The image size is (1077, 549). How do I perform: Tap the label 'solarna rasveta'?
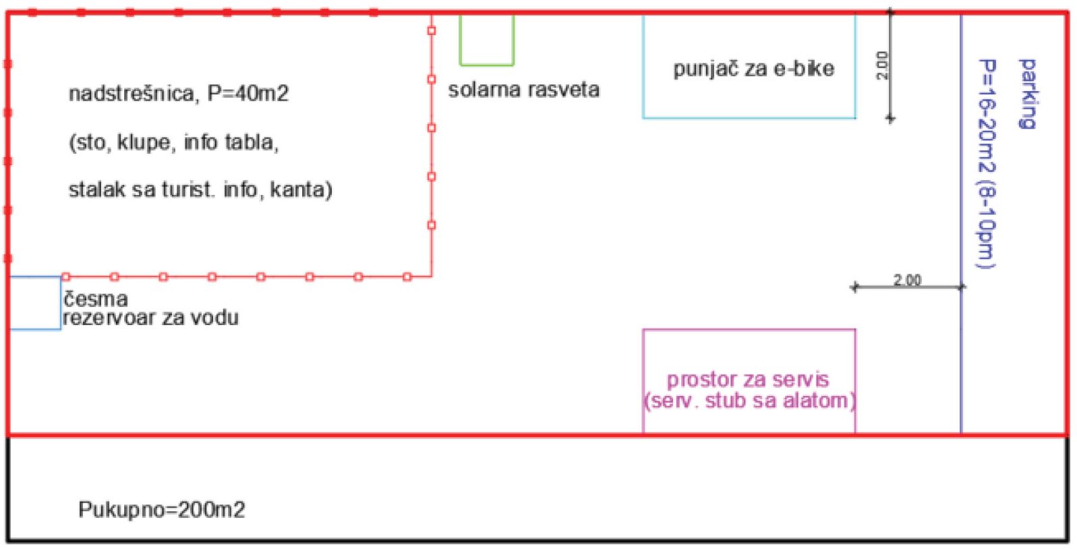click(523, 90)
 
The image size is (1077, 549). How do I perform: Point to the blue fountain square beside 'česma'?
click(61, 303)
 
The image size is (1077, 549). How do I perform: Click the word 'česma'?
click(96, 299)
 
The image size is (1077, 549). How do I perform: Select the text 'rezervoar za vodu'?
click(151, 318)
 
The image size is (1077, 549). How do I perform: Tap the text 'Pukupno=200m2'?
click(162, 510)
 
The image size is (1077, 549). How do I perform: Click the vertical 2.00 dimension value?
click(882, 66)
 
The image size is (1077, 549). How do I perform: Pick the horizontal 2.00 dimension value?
click(907, 280)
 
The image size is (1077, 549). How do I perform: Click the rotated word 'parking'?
click(1028, 94)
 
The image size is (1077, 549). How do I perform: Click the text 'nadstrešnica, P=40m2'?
click(179, 93)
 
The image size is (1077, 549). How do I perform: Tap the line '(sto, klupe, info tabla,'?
click(173, 142)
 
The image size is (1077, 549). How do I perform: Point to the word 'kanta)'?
click(301, 190)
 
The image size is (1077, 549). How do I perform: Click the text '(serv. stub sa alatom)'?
click(749, 401)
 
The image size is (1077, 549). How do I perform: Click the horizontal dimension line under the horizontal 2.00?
click(908, 287)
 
